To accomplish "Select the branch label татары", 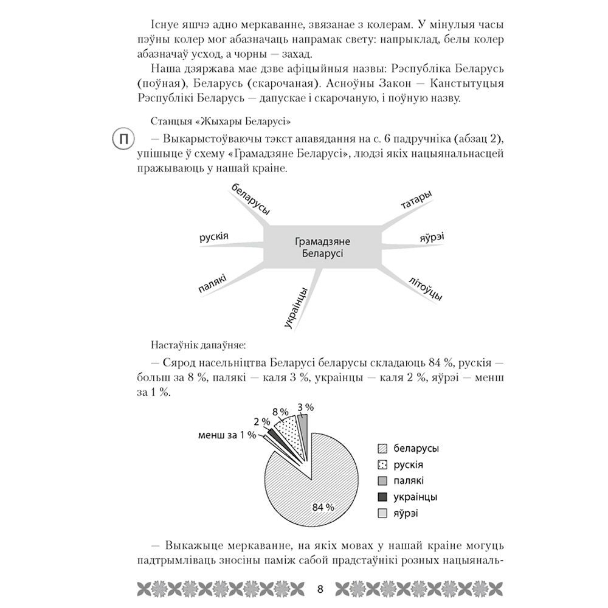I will [x=416, y=201].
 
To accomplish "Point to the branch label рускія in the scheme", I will [x=213, y=236].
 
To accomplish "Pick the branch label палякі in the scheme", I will [x=212, y=284].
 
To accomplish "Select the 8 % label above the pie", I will [x=280, y=412].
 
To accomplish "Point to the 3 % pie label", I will [x=305, y=406].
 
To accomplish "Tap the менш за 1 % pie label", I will [x=226, y=435].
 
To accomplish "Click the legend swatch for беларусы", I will [x=382, y=449].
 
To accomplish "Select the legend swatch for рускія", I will [x=382, y=465].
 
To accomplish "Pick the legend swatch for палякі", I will [x=382, y=481].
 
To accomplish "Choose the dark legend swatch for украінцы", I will [x=382, y=497].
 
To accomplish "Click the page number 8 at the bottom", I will [x=320, y=589].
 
